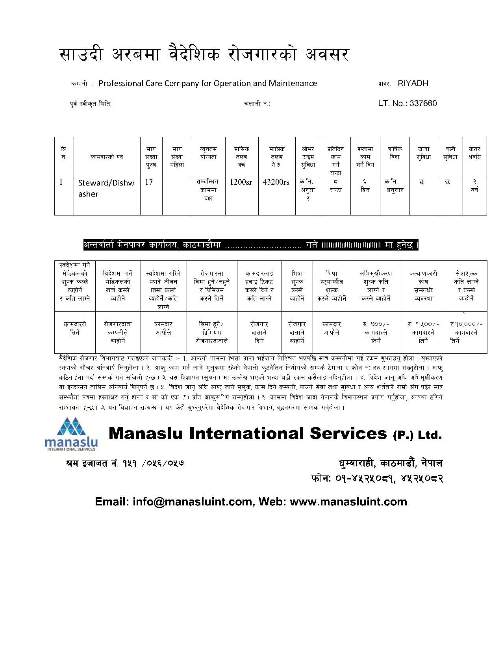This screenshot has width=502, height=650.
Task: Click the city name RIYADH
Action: click(413, 84)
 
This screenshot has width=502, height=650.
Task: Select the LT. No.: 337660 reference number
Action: click(407, 104)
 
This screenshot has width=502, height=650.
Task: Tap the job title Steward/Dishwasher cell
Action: click(106, 188)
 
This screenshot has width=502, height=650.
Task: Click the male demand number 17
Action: click(149, 182)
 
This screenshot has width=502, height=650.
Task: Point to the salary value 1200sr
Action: click(241, 182)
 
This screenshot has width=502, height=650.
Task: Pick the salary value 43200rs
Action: click(276, 182)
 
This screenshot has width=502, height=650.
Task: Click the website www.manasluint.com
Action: click(348, 502)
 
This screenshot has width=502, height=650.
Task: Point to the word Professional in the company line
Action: click(121, 84)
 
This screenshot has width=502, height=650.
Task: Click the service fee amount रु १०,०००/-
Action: click(466, 324)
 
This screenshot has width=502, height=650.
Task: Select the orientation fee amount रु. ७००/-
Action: click(376, 324)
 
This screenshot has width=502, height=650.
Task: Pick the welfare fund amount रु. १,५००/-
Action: click(423, 324)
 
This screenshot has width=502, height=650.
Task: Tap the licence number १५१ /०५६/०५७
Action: click(153, 463)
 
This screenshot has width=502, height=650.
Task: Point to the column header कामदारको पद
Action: click(107, 157)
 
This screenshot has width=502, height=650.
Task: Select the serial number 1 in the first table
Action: click(61, 182)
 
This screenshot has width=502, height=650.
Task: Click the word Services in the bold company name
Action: click(348, 434)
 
